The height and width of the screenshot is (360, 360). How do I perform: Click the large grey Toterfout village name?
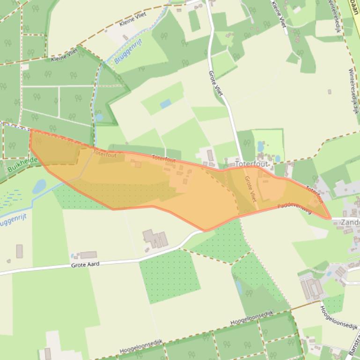(x=251, y=165)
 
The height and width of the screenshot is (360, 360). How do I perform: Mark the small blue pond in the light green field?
(x=165, y=104)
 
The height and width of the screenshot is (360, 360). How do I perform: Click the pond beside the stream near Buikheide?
(x=40, y=186)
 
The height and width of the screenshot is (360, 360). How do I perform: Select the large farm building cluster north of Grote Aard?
(x=155, y=239)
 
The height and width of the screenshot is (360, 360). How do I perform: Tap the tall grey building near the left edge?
(x=19, y=251)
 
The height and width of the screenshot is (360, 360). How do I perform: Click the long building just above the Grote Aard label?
(x=88, y=255)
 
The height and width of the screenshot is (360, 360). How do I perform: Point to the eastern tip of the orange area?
(x=330, y=218)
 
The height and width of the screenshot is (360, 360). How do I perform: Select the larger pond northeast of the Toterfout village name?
(x=260, y=146)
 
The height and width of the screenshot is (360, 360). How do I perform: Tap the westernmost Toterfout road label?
(x=104, y=153)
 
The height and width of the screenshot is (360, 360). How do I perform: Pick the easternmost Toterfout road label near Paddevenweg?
(x=315, y=194)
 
